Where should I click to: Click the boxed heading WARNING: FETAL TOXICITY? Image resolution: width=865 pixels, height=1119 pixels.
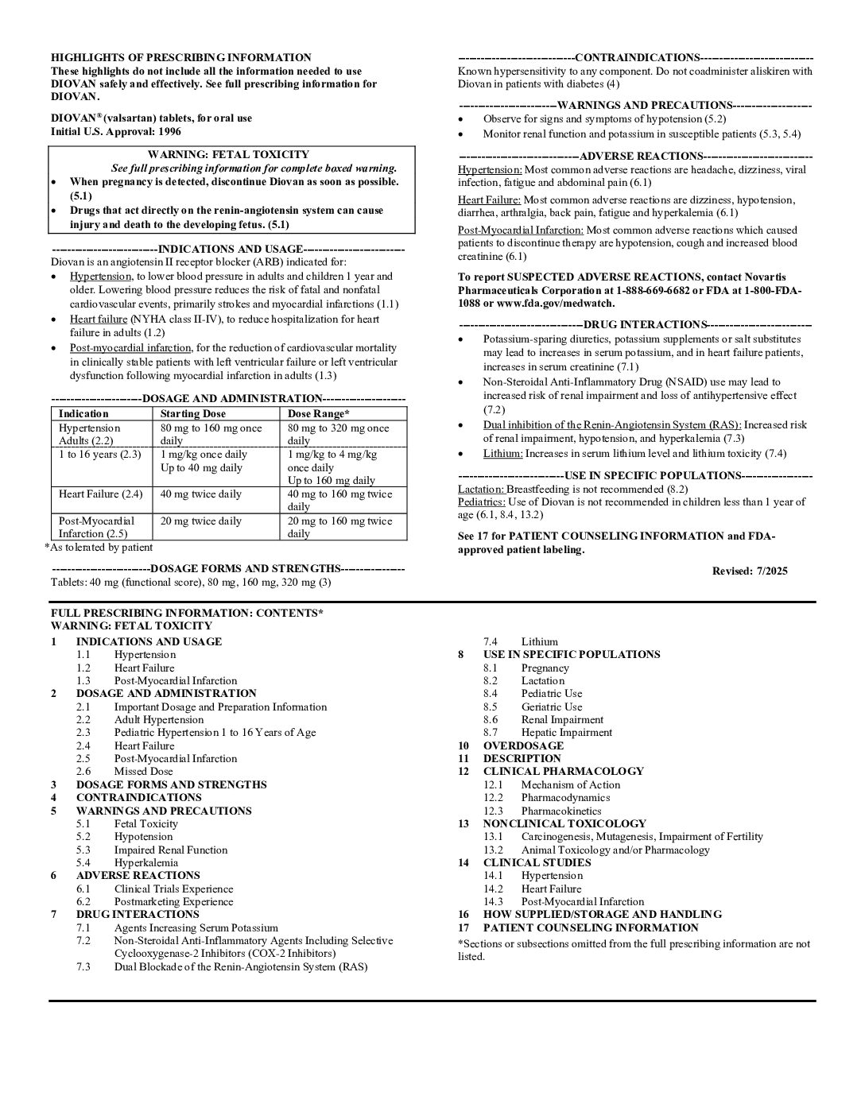[228, 155]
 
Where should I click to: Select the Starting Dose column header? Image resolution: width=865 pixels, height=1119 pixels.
[192, 413]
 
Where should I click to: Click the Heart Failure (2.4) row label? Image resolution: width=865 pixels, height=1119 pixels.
[100, 494]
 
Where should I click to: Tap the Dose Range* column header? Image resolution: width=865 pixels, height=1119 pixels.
[318, 413]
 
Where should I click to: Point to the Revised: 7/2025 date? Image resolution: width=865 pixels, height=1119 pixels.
[750, 571]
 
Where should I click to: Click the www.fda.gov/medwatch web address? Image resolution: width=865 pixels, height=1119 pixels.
[555, 304]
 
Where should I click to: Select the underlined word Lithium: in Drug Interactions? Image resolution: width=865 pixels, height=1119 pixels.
[502, 454]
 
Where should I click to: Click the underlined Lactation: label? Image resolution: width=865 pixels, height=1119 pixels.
[481, 489]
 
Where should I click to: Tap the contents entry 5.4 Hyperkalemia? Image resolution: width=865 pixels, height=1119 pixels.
[145, 862]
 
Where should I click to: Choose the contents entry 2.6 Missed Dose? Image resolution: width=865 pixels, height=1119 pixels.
[143, 771]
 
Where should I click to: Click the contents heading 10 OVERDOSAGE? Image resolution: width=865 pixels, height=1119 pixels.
[522, 745]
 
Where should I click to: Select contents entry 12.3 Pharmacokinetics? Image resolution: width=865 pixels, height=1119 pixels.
[561, 811]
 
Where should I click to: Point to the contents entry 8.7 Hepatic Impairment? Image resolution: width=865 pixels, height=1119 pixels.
[566, 732]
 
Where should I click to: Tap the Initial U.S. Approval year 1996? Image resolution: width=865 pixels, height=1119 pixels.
[169, 132]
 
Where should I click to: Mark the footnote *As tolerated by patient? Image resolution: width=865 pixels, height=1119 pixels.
[99, 547]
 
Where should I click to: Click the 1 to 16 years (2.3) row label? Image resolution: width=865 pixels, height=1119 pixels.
[99, 455]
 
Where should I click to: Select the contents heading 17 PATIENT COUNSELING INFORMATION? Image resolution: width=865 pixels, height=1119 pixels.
[590, 927]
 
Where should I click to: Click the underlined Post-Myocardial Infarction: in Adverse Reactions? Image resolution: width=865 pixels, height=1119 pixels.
[520, 230]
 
